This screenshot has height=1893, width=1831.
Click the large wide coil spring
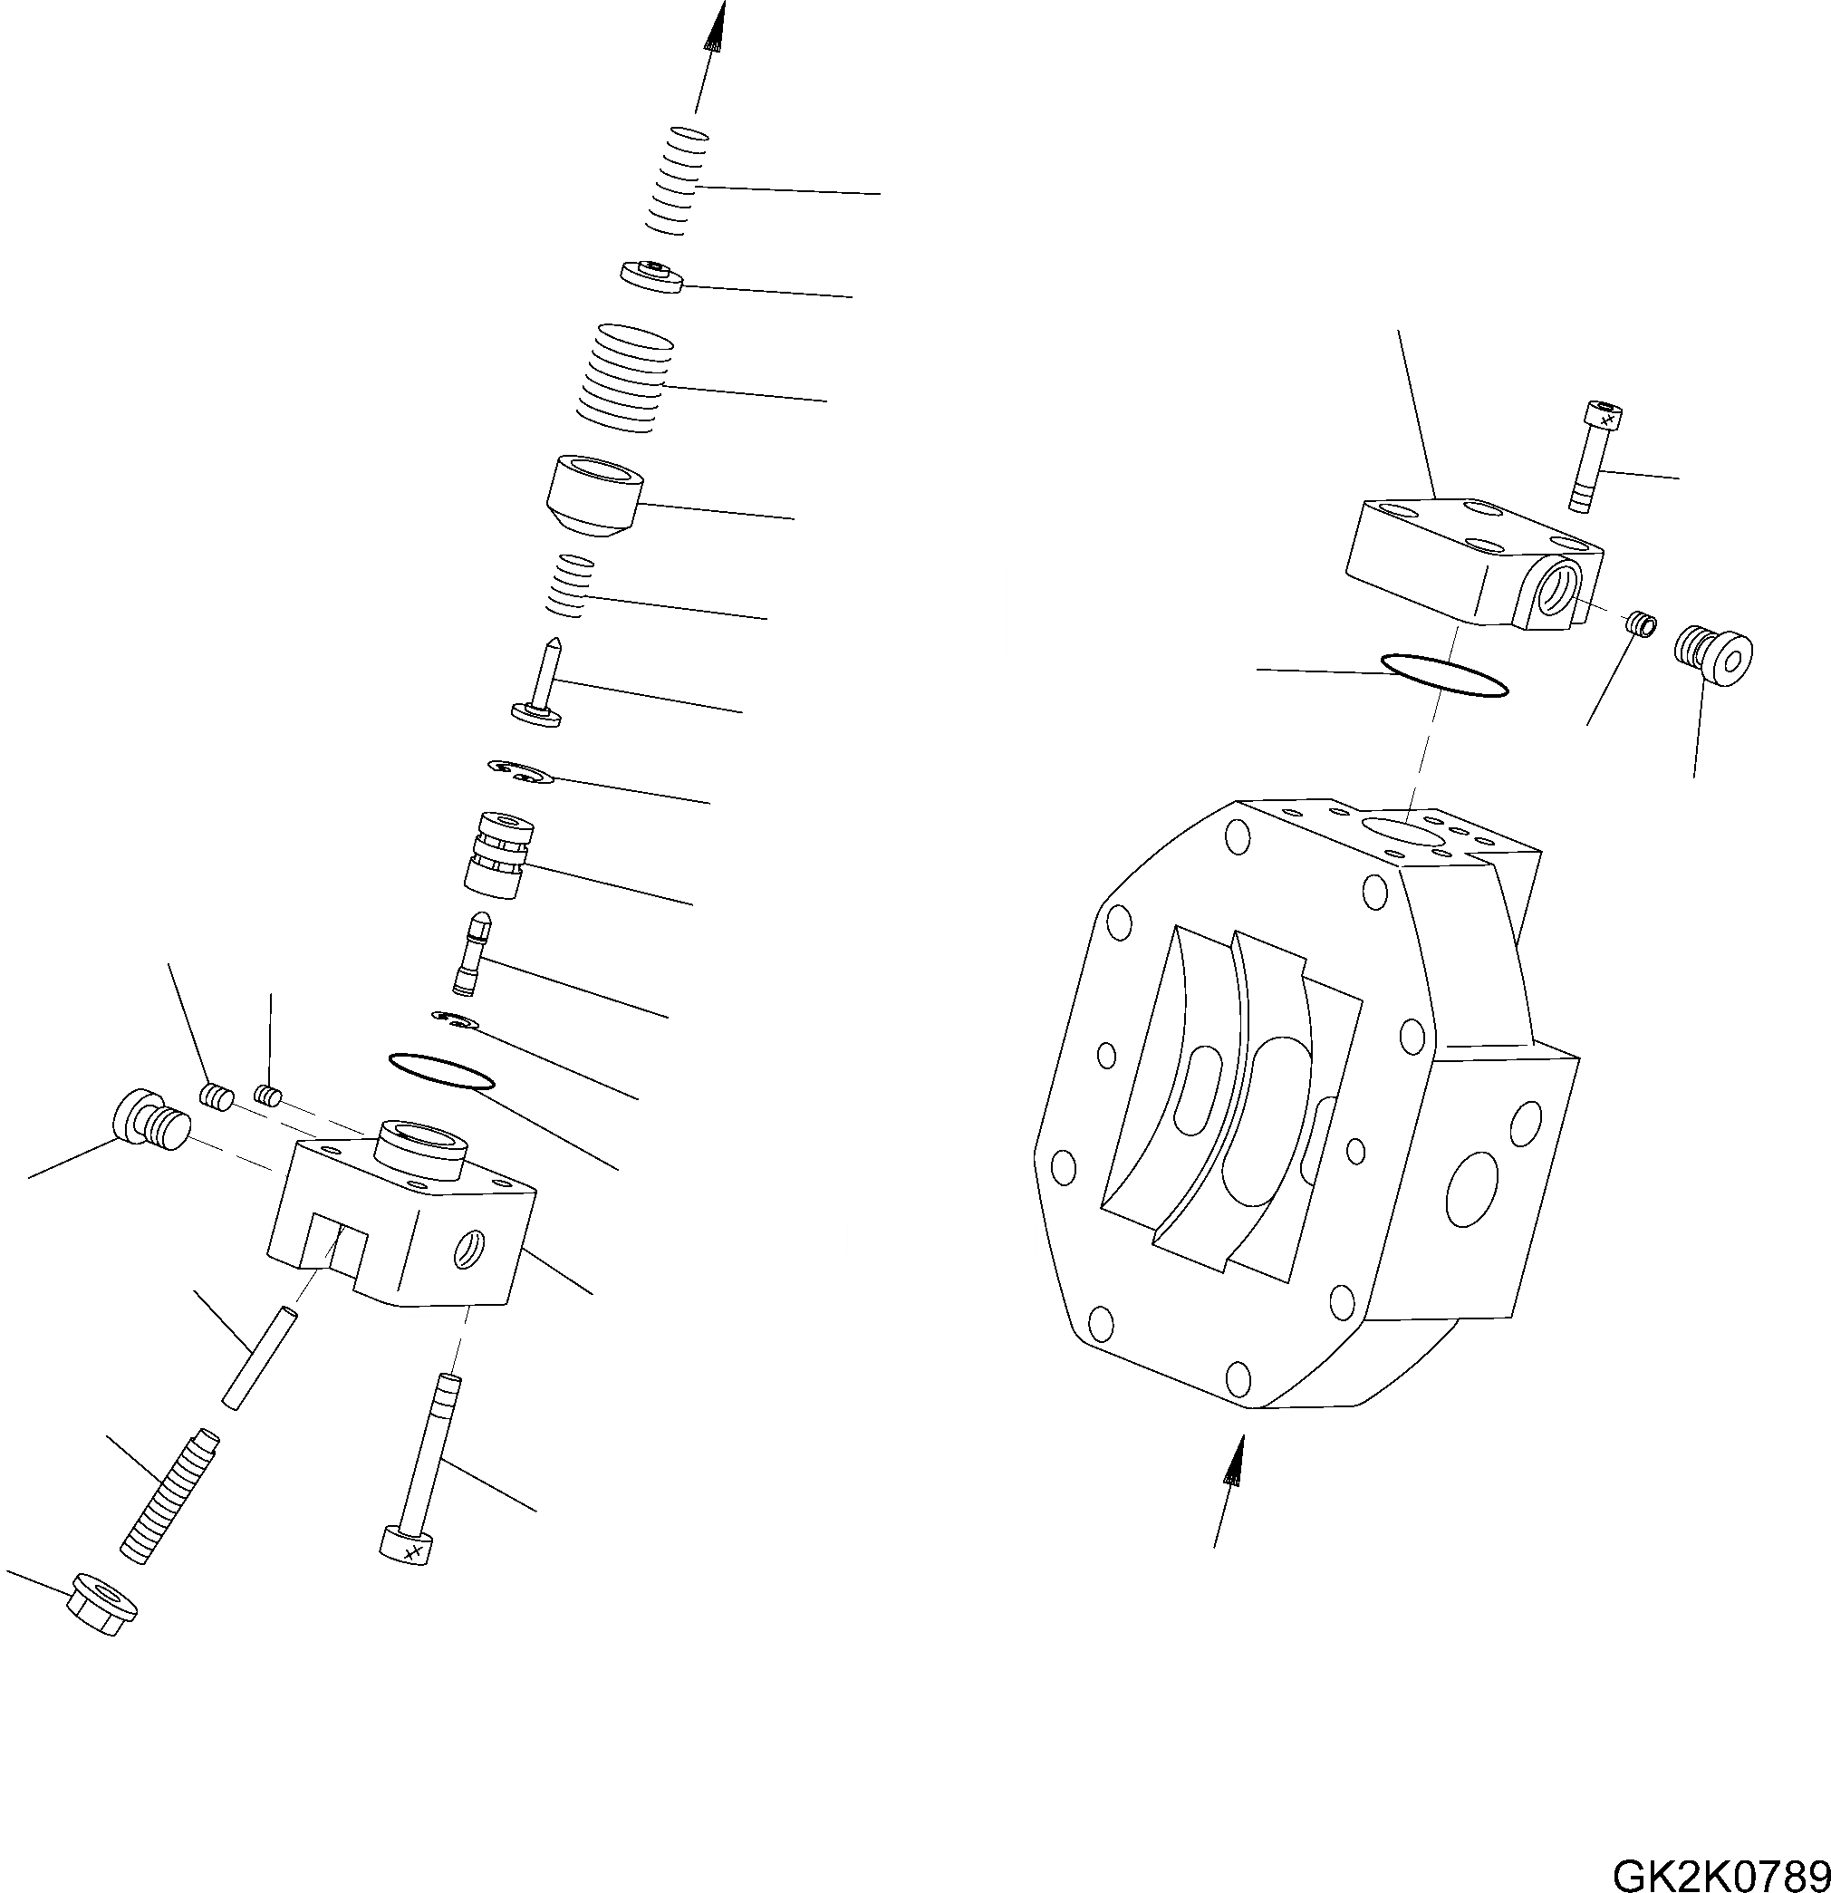tap(624, 379)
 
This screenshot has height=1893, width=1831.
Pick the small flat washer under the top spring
tap(653, 276)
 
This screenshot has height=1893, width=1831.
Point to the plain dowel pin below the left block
tap(259, 1356)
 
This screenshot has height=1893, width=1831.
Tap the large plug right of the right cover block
tap(1712, 656)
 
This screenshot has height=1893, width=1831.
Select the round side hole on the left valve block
tap(469, 1251)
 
